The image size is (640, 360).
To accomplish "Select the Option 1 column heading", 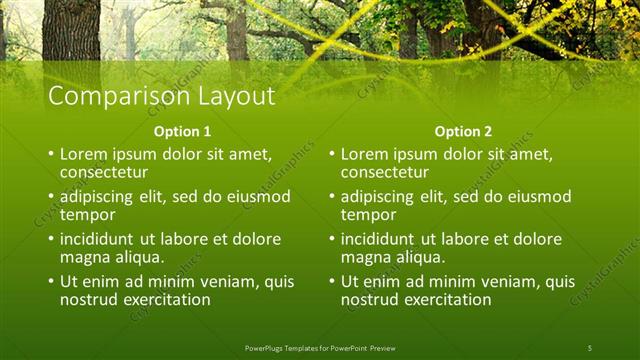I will coord(182,132).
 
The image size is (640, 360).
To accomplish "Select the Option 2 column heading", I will coord(464,132).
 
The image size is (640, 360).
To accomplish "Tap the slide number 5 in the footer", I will coord(590,348).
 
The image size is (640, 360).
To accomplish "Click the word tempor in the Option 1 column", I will coord(87,214).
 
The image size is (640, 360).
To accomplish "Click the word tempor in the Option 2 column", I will coord(368,214).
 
